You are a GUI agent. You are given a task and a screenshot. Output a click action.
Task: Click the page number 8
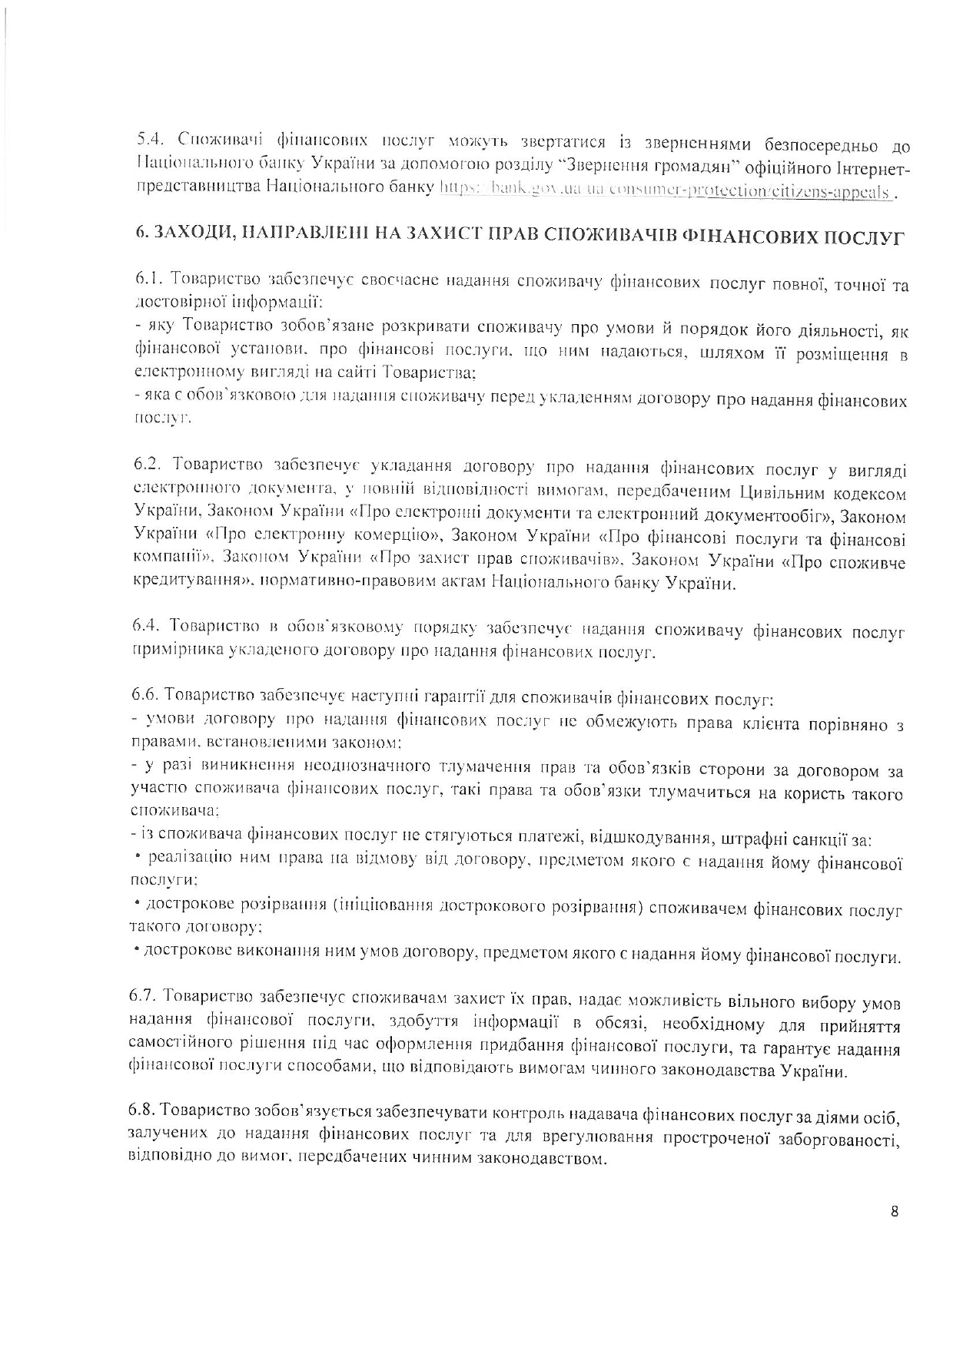[894, 1213]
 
